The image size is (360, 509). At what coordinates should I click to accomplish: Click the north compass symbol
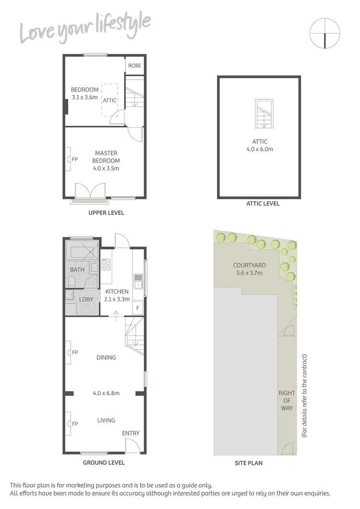point(325,33)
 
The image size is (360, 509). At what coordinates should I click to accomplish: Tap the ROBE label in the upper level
point(135,65)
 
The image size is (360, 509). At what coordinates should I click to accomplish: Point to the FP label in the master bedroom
point(74,159)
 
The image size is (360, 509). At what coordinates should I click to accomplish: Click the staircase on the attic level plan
point(264,114)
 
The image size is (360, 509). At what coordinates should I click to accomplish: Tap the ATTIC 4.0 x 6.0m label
point(260,145)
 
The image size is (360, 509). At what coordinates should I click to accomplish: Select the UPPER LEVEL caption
point(106,213)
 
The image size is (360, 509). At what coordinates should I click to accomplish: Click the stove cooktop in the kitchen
point(106,264)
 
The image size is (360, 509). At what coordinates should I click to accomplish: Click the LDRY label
point(79,299)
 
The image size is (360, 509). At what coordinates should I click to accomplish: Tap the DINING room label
point(106,357)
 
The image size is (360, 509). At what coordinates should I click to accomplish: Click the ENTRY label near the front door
point(131,433)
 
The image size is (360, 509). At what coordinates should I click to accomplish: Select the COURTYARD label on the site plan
point(249,269)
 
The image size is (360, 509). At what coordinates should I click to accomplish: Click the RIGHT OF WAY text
point(287,401)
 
